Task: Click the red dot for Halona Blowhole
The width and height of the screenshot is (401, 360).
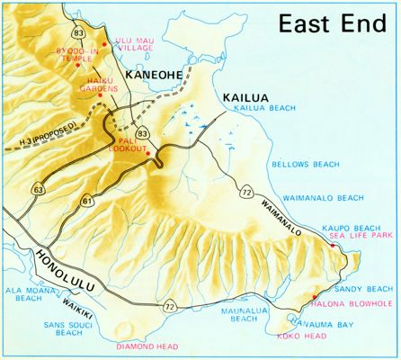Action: [313, 296]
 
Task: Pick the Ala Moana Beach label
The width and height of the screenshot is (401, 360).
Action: [23, 295]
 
